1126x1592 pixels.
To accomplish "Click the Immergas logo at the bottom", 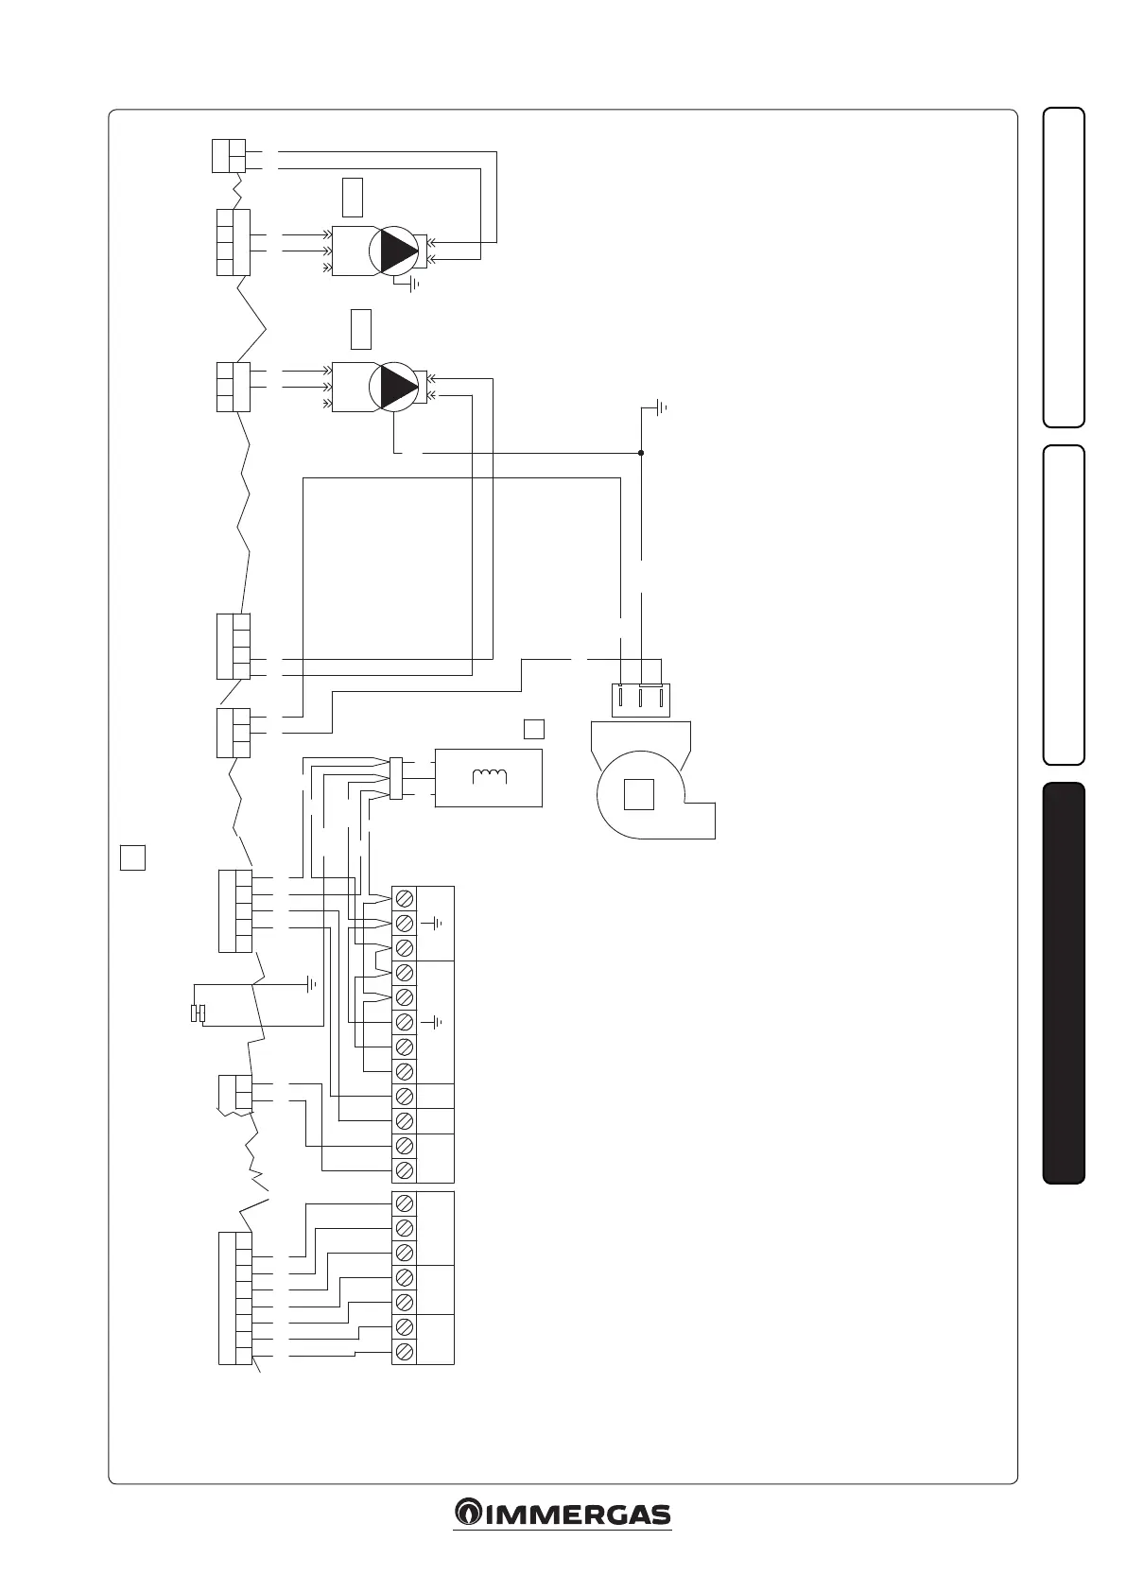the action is [563, 1514].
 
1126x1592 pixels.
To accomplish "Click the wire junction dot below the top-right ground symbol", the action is [641, 453].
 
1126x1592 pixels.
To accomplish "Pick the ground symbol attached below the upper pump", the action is [413, 284].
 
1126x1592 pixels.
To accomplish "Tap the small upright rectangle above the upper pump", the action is [352, 196].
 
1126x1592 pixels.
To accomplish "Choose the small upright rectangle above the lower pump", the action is [360, 328].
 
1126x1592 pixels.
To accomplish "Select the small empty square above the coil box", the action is [534, 728].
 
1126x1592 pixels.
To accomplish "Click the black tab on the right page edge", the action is [1064, 982].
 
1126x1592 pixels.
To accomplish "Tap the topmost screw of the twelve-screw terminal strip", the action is [404, 897].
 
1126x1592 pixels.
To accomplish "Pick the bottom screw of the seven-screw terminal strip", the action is [404, 1351].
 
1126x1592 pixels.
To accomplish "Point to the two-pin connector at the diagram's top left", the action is [228, 156].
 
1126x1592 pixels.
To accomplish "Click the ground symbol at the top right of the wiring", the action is [659, 408].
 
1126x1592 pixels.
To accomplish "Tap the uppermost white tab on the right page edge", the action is [1064, 268].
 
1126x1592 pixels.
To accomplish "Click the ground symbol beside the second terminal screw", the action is [437, 923].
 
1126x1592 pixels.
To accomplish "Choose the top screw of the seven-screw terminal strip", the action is [404, 1203].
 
